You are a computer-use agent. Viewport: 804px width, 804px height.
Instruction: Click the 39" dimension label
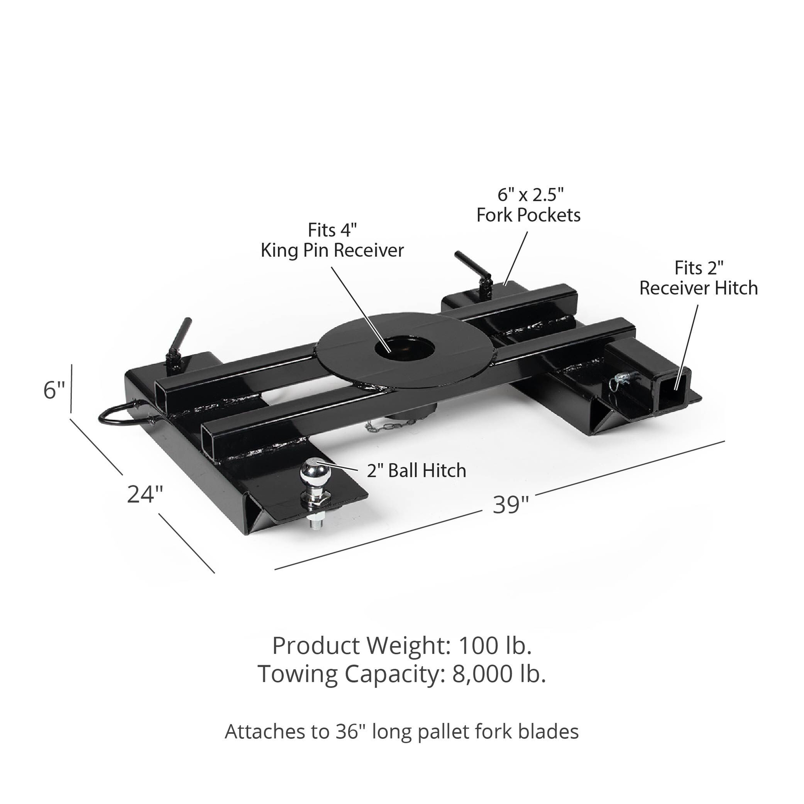(511, 505)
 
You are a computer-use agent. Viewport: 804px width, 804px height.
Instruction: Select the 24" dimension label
(145, 494)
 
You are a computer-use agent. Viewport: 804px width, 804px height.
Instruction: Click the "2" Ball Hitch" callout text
(416, 471)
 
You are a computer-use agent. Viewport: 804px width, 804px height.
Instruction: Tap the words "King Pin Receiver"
(332, 250)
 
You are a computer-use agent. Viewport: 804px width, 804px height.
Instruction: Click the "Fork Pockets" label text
(528, 215)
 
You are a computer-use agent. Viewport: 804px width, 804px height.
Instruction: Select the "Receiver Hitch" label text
(698, 288)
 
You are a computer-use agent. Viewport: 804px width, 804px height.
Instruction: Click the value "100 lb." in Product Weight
(495, 646)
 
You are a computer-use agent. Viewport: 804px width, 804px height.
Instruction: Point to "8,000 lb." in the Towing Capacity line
(499, 674)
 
